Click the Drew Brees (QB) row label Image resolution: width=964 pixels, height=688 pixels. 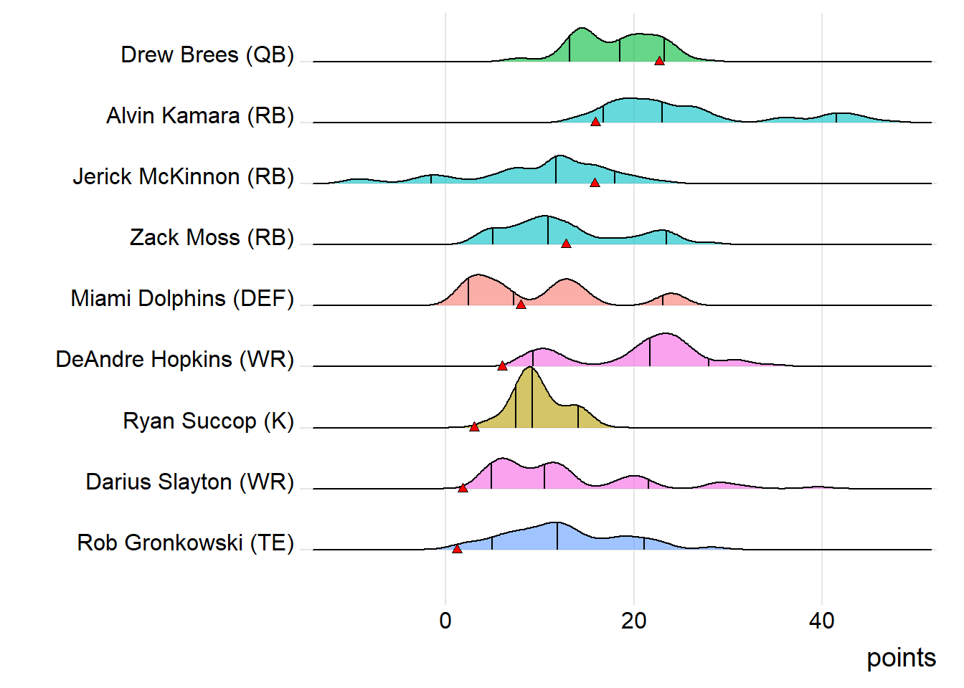pos(207,55)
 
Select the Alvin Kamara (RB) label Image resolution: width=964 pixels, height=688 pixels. pos(200,116)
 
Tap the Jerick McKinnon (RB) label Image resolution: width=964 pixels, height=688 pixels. pos(183,177)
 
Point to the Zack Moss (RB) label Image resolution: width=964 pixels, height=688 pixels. pos(212,238)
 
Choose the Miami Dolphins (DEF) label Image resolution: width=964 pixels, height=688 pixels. pos(182,299)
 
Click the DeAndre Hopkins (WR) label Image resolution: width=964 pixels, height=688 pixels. pos(175,360)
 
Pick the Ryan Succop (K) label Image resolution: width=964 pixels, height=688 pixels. pos(208,421)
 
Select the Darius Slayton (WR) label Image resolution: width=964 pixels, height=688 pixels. pos(190,482)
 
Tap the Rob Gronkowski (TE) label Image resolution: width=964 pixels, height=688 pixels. pos(185,543)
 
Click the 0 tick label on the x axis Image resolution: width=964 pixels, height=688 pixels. pos(445,621)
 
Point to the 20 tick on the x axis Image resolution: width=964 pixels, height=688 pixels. pos(633,621)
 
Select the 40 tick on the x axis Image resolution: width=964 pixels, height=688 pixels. pos(822,621)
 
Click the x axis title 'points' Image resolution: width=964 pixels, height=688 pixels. pos(901,658)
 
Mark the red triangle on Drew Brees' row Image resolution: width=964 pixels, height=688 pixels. pos(659,61)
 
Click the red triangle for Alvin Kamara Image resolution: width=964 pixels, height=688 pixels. pos(595,122)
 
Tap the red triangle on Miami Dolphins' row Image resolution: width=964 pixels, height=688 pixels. pos(521,305)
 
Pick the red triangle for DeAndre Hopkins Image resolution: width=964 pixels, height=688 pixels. pos(502,365)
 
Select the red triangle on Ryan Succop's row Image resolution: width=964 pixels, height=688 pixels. pos(474,426)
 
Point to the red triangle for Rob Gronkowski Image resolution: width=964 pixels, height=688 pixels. pos(457,549)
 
